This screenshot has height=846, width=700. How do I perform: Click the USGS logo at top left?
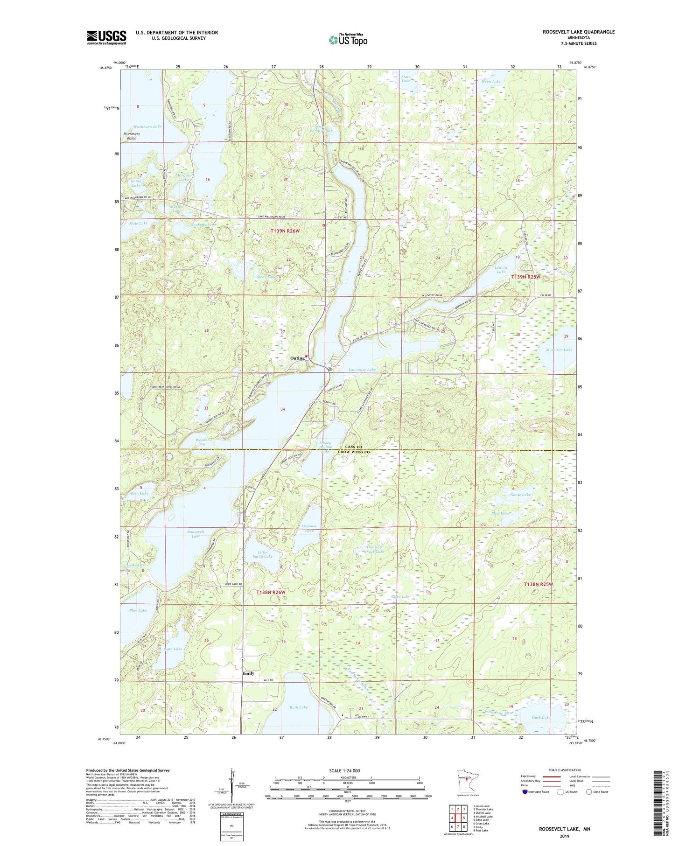pyautogui.click(x=106, y=37)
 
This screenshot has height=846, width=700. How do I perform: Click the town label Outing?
pyautogui.click(x=297, y=358)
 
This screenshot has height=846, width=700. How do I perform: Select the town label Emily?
pyautogui.click(x=248, y=673)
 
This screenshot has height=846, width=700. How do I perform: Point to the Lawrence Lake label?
pyautogui.click(x=362, y=370)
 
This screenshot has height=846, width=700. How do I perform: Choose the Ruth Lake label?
pyautogui.click(x=299, y=707)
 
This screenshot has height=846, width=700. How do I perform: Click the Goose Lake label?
pyautogui.click(x=520, y=495)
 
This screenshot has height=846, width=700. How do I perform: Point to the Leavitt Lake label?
pyautogui.click(x=501, y=269)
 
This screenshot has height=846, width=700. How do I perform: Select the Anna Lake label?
pyautogui.click(x=171, y=649)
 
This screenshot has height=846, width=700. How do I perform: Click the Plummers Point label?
pyautogui.click(x=132, y=136)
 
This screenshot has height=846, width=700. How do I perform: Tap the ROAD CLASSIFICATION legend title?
pyautogui.click(x=565, y=770)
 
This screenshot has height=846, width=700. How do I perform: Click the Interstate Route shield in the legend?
pyautogui.click(x=525, y=792)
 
